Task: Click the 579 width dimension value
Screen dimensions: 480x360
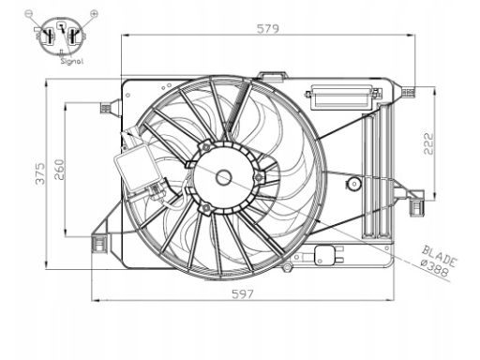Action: click(x=268, y=29)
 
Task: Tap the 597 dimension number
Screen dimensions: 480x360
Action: click(x=243, y=294)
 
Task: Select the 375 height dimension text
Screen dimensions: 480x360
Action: click(x=39, y=173)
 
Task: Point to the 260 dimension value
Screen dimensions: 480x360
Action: click(x=59, y=170)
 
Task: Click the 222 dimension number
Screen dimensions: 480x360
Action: click(x=428, y=143)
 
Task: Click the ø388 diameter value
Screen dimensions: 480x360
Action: click(x=435, y=268)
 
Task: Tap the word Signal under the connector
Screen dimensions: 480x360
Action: click(x=72, y=61)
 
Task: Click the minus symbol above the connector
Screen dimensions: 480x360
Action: click(x=28, y=13)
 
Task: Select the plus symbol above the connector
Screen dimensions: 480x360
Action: click(x=94, y=13)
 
